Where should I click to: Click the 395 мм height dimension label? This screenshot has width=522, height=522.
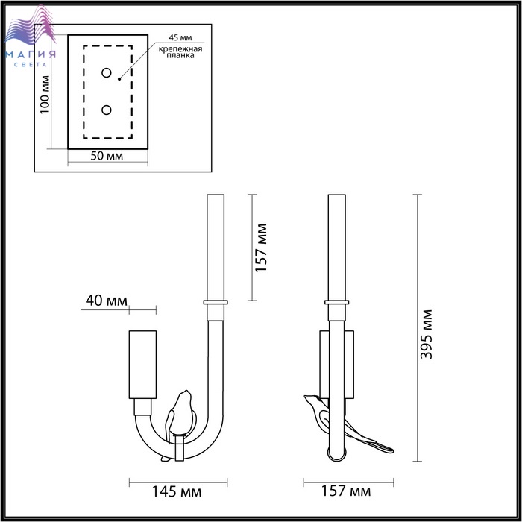(426, 334)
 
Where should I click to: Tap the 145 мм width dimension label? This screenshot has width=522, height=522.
(177, 491)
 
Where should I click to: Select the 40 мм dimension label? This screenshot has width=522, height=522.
(106, 301)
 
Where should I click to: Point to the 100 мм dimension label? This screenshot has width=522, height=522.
(45, 95)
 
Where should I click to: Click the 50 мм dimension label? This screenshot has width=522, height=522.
(107, 156)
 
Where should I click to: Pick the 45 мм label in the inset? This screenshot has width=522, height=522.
(180, 37)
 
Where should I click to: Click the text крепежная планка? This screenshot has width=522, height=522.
(180, 52)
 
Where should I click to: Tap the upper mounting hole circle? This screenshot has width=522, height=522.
(107, 73)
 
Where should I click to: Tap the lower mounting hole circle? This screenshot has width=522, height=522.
(107, 110)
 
